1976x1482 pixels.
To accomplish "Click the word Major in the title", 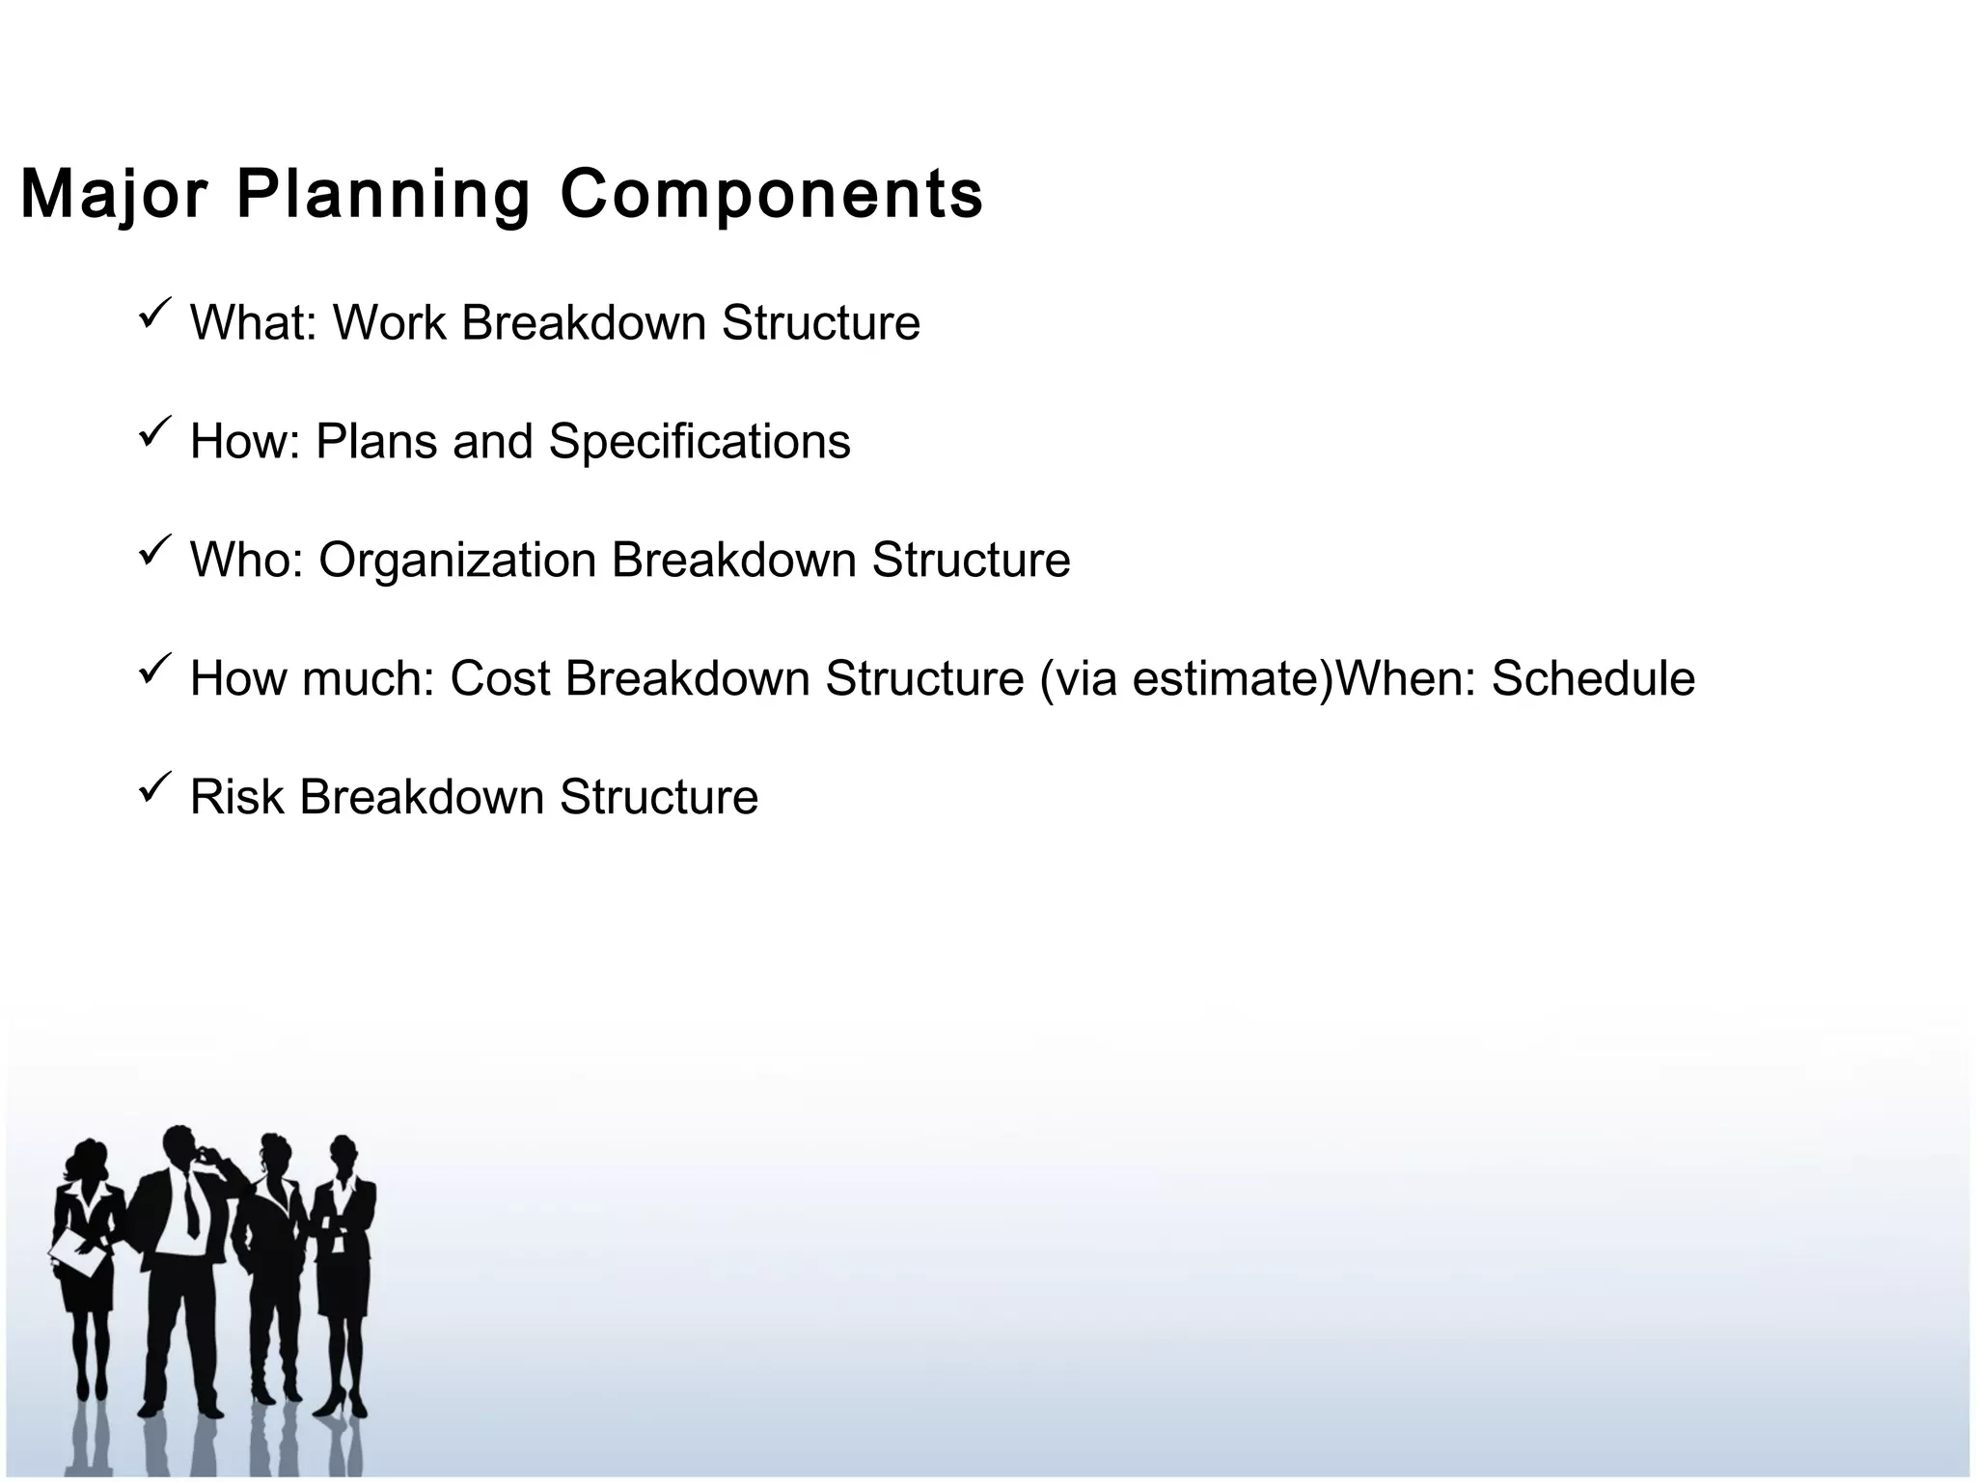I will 114,196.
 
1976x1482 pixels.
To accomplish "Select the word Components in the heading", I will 771,196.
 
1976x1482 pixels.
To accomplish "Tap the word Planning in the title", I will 383,196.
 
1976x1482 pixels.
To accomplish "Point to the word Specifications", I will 700,442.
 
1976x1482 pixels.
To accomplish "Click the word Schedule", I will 1593,679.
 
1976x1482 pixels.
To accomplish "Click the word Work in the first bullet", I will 389,322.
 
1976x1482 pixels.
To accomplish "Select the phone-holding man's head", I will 179,1145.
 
